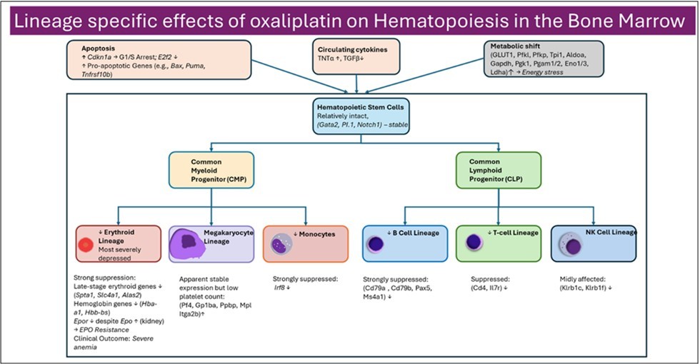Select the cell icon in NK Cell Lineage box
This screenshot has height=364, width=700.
(x=571, y=246)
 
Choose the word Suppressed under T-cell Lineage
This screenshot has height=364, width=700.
(x=490, y=280)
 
